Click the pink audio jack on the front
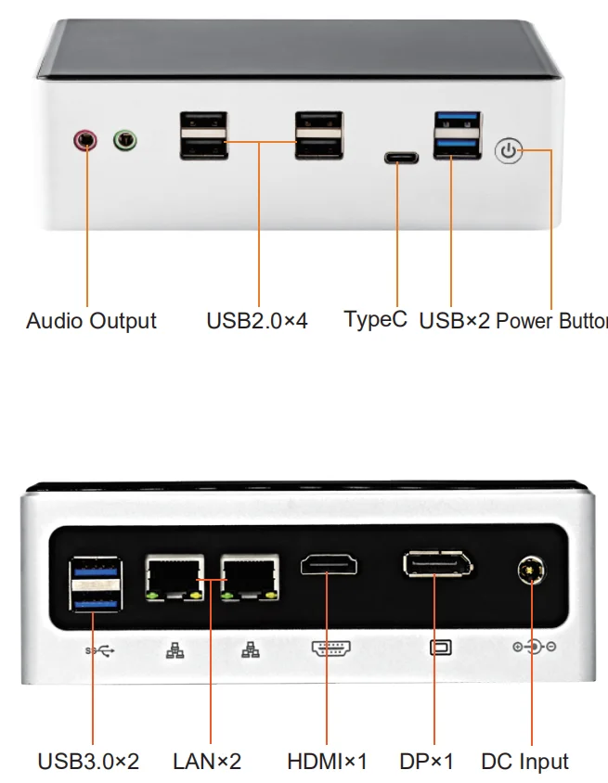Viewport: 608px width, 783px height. [85, 140]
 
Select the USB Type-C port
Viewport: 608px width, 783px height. [401, 157]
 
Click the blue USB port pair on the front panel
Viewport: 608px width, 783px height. [457, 135]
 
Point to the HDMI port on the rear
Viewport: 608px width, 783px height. [330, 565]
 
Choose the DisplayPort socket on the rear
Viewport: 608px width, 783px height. [437, 565]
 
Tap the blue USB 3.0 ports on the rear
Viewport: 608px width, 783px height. [95, 584]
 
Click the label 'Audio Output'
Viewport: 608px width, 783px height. [91, 321]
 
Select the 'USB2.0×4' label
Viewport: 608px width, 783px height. [257, 321]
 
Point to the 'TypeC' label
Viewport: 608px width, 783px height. [375, 319]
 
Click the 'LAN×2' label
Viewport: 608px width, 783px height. [207, 762]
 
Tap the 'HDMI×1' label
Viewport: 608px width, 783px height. [327, 762]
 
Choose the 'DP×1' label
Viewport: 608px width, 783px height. [427, 762]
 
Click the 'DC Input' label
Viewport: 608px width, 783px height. [524, 762]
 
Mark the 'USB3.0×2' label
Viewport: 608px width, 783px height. [88, 762]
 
